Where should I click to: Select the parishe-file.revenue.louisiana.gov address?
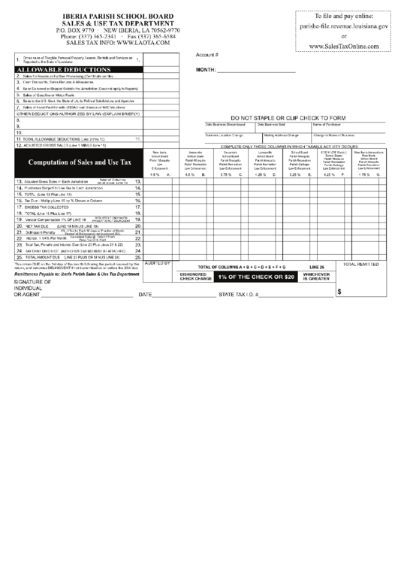click(344, 26)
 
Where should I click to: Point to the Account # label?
click(207, 55)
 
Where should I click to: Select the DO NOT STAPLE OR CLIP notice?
click(288, 118)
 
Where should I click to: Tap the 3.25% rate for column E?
click(294, 174)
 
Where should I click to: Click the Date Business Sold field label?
click(272, 124)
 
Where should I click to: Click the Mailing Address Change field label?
click(277, 135)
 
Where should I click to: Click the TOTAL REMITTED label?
click(360, 265)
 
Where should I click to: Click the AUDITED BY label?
click(156, 264)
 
